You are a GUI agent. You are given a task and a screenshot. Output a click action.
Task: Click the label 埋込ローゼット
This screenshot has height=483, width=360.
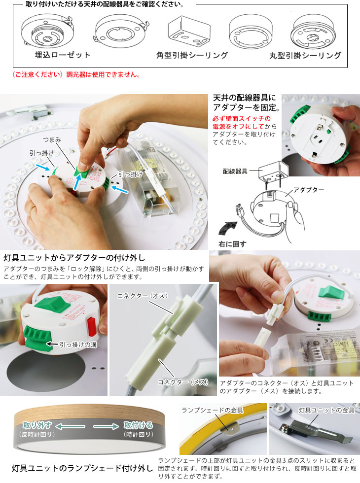[x=63, y=55]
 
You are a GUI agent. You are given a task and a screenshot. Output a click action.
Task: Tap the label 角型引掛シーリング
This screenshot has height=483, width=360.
[x=192, y=55]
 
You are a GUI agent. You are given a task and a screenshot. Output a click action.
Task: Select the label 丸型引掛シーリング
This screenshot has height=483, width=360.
[x=305, y=55]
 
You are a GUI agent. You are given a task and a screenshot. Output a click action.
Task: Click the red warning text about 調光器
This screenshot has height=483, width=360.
[x=76, y=74]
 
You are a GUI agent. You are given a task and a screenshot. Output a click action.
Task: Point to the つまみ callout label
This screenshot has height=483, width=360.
[x=52, y=140]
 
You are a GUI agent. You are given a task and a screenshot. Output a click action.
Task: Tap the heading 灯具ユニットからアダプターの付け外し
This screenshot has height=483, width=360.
[x=74, y=257]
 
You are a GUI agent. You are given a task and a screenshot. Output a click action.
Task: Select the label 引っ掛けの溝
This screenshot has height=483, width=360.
[x=78, y=345]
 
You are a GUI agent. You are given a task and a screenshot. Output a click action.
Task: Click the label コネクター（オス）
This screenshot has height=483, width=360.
[x=143, y=296]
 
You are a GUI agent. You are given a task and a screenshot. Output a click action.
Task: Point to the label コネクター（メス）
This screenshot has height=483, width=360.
[x=183, y=382]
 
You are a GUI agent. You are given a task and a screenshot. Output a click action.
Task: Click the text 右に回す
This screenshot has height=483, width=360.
[x=232, y=244]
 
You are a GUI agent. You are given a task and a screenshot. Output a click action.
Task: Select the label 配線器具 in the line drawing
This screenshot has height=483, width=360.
[x=235, y=172]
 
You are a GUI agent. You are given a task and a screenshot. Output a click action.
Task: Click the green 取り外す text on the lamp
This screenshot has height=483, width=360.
[x=37, y=425]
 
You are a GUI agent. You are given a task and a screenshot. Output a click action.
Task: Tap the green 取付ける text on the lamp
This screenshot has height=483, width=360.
[x=139, y=425]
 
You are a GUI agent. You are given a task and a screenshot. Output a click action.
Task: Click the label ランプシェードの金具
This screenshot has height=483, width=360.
[x=213, y=410]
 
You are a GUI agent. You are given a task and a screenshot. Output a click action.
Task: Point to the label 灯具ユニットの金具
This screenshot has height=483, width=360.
[x=326, y=410]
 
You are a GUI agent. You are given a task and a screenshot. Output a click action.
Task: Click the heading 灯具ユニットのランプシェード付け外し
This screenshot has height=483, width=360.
[x=83, y=468]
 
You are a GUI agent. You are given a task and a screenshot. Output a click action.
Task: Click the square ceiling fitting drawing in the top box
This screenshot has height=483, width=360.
[x=188, y=32]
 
